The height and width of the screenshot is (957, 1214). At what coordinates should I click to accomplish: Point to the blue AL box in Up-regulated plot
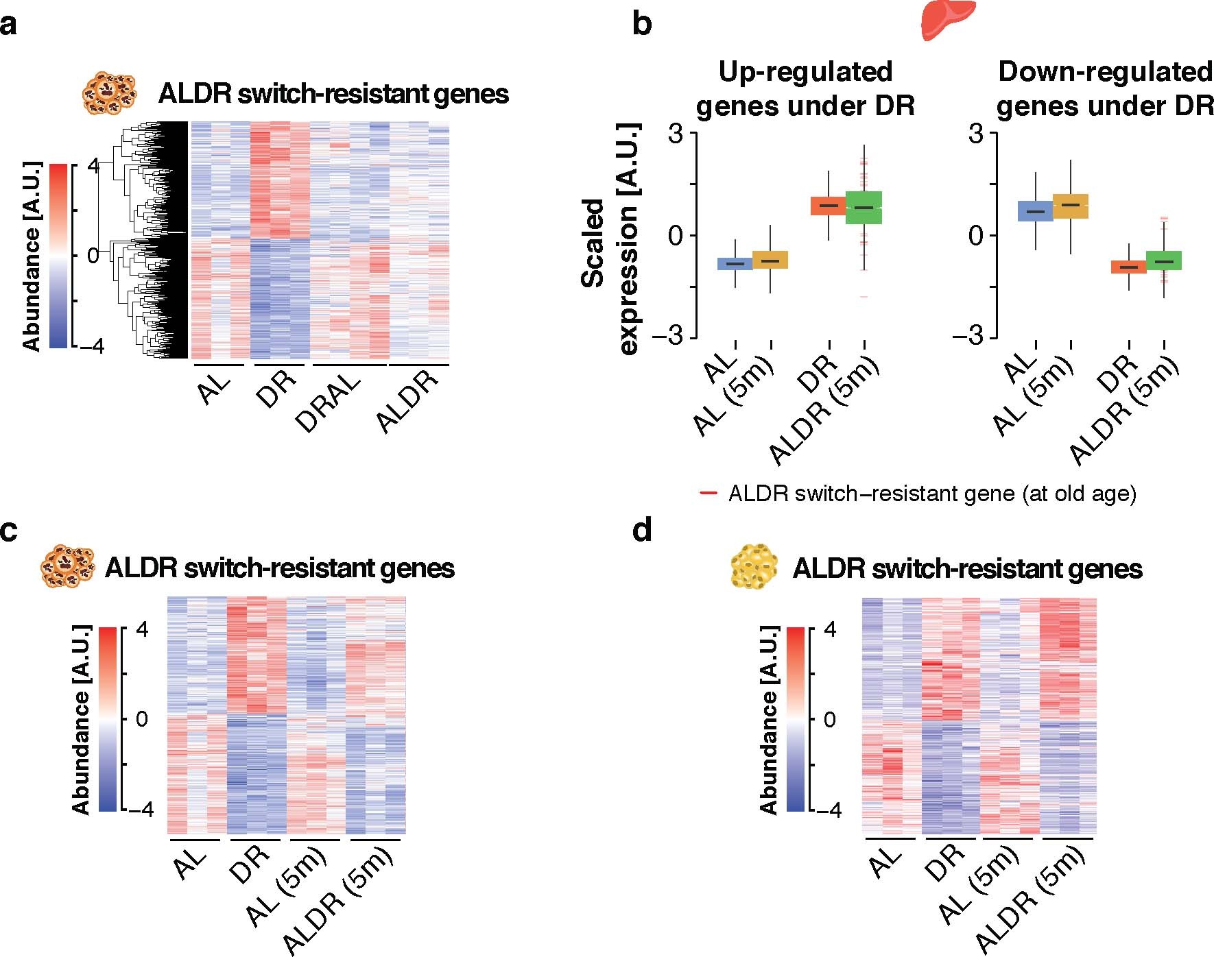pyautogui.click(x=735, y=263)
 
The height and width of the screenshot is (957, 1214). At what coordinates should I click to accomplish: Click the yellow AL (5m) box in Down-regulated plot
pyautogui.click(x=1070, y=206)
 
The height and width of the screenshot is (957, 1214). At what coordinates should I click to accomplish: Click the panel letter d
pyautogui.click(x=642, y=530)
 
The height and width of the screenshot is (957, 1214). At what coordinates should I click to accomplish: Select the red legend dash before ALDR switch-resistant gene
pyautogui.click(x=708, y=493)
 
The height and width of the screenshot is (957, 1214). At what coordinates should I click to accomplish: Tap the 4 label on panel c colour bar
pyautogui.click(x=142, y=629)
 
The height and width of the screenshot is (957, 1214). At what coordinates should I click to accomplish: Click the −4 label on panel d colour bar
pyautogui.click(x=826, y=810)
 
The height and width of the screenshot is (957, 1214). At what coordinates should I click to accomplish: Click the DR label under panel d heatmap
pyautogui.click(x=945, y=863)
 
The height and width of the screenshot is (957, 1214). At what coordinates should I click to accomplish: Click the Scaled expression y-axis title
pyautogui.click(x=610, y=240)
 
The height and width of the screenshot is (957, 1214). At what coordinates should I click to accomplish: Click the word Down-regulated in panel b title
pyautogui.click(x=1105, y=71)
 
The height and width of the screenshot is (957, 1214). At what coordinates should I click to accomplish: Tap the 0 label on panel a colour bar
pyautogui.click(x=93, y=255)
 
